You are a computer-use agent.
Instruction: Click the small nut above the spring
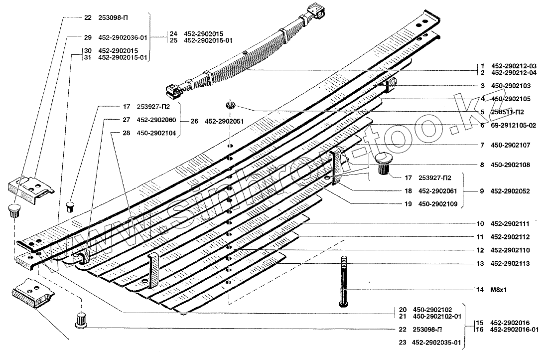[x=230, y=106]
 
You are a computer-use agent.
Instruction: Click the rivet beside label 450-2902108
[x=384, y=164]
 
